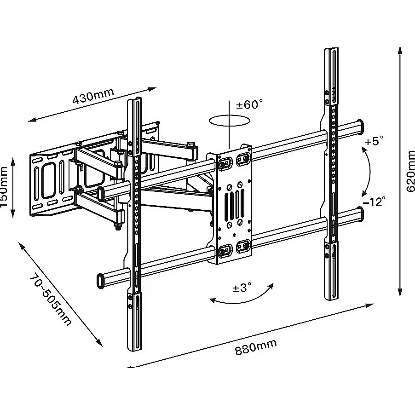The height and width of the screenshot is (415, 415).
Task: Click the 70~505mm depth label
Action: pyautogui.click(x=51, y=300)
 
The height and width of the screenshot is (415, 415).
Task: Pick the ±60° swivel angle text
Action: pyautogui.click(x=249, y=104)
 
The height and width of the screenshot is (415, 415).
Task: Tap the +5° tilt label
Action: pyautogui.click(x=374, y=141)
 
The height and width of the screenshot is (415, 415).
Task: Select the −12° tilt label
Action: pyautogui.click(x=373, y=201)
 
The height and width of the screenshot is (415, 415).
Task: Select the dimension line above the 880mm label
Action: pyautogui.click(x=251, y=335)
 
